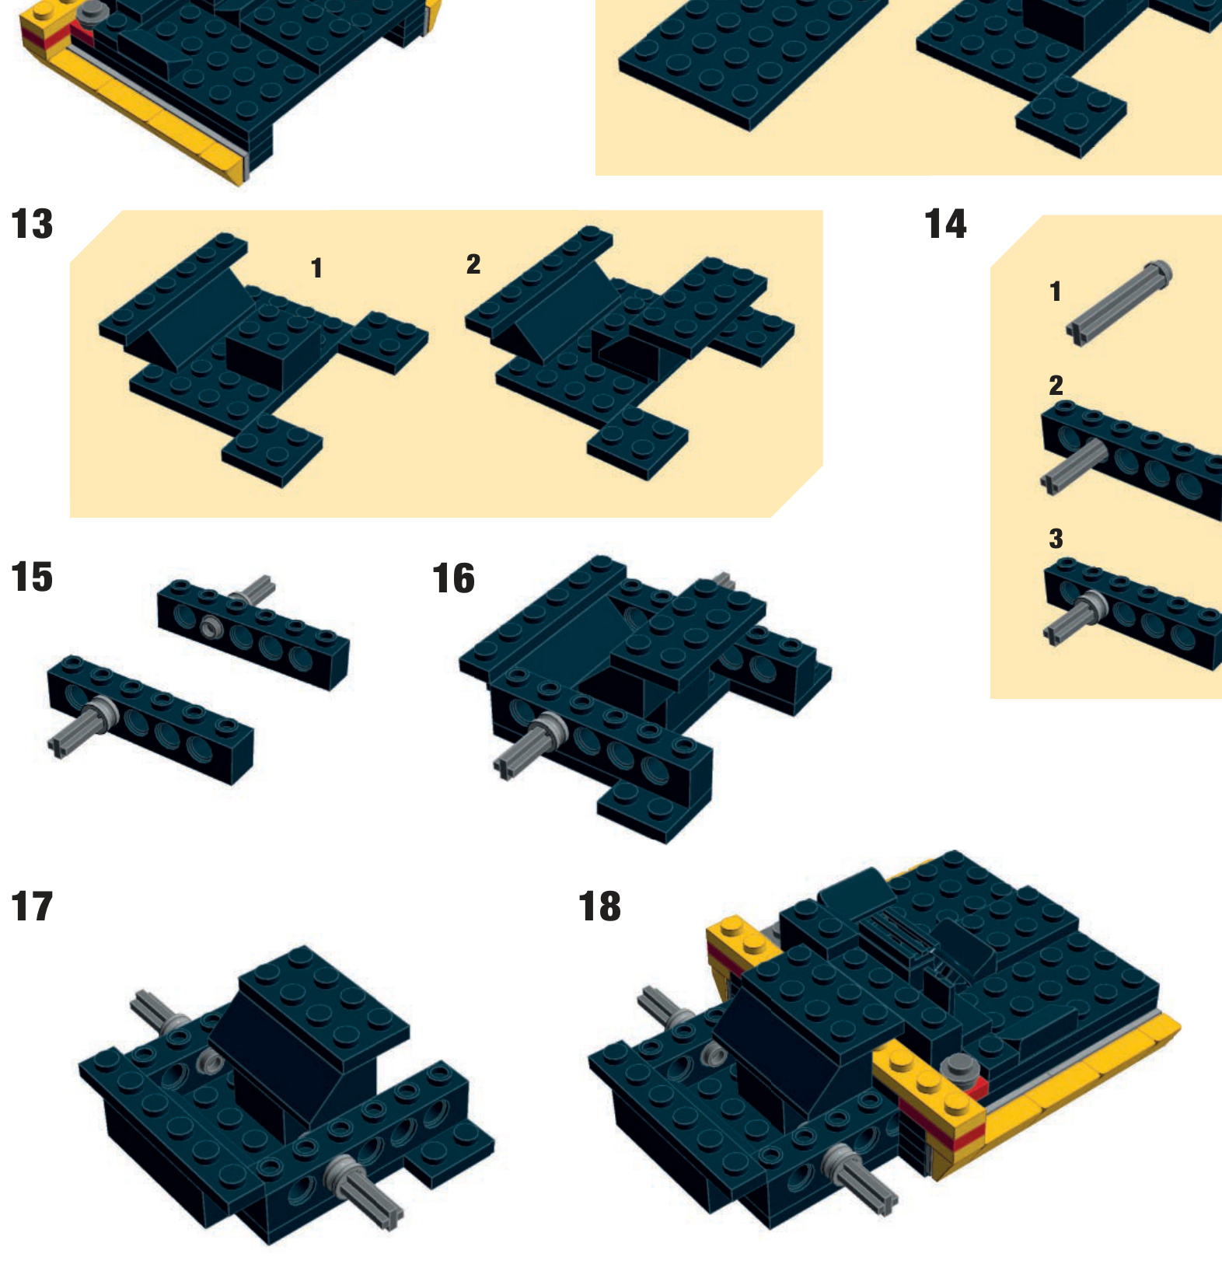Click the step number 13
tap(33, 225)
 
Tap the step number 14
tap(945, 225)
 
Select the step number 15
tap(33, 577)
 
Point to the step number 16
tap(453, 578)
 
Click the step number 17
tap(33, 906)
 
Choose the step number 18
tap(600, 906)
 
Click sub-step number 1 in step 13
tap(316, 268)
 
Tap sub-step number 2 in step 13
tap(473, 264)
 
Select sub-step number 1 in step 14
tap(1055, 292)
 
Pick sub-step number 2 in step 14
tap(1056, 386)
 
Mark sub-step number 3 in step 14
tap(1056, 539)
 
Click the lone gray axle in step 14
tap(1119, 302)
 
